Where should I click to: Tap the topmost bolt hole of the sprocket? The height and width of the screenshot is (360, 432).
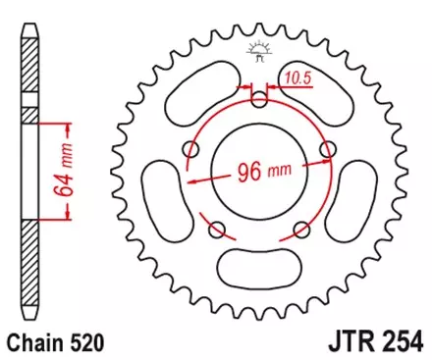click(260, 99)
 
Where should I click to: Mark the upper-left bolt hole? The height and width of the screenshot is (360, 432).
click(192, 149)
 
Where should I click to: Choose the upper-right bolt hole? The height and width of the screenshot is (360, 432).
click(329, 149)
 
